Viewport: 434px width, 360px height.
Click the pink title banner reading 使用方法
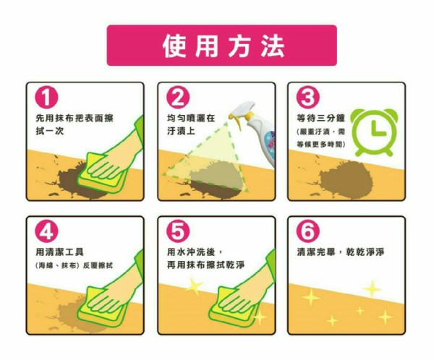coord(222,46)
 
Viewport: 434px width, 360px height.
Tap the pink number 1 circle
coord(46,97)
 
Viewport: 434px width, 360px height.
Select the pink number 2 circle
coord(178,97)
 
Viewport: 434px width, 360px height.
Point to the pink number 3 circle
coord(308,97)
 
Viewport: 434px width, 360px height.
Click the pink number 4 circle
coord(46,231)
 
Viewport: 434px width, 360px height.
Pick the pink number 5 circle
coord(178,231)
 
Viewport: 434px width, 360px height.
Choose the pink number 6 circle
coord(308,231)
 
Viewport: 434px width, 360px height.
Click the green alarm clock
coord(374,132)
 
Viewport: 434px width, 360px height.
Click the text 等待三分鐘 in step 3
coord(320,118)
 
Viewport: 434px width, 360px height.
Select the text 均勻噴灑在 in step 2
coord(191,118)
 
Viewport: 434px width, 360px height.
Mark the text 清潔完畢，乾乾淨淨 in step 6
coord(341,252)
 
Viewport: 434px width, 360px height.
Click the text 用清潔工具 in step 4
coord(60,252)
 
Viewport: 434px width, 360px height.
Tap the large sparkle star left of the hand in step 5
coord(194,286)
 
